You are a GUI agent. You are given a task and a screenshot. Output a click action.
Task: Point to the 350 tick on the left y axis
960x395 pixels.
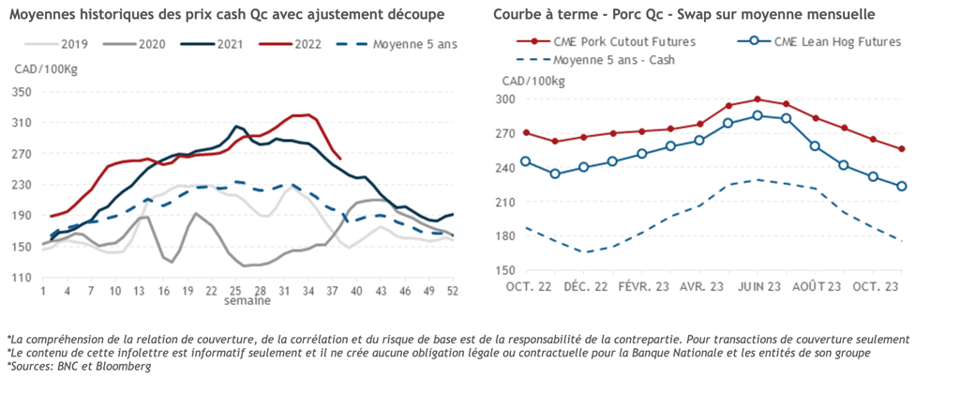click(22, 92)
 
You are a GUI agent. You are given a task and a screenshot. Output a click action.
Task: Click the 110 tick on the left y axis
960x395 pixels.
click(22, 278)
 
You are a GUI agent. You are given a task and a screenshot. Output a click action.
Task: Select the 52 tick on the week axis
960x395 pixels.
click(453, 292)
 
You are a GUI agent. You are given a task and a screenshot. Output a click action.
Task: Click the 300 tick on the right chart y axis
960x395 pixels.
click(506, 99)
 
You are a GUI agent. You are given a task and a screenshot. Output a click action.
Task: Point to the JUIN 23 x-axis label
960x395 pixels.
click(757, 286)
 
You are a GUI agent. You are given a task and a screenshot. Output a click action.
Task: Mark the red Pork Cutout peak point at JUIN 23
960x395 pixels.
click(757, 99)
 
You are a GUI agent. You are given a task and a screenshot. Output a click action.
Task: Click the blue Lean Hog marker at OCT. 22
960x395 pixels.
click(526, 161)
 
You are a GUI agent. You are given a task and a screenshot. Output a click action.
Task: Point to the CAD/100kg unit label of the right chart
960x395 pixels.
click(533, 81)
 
